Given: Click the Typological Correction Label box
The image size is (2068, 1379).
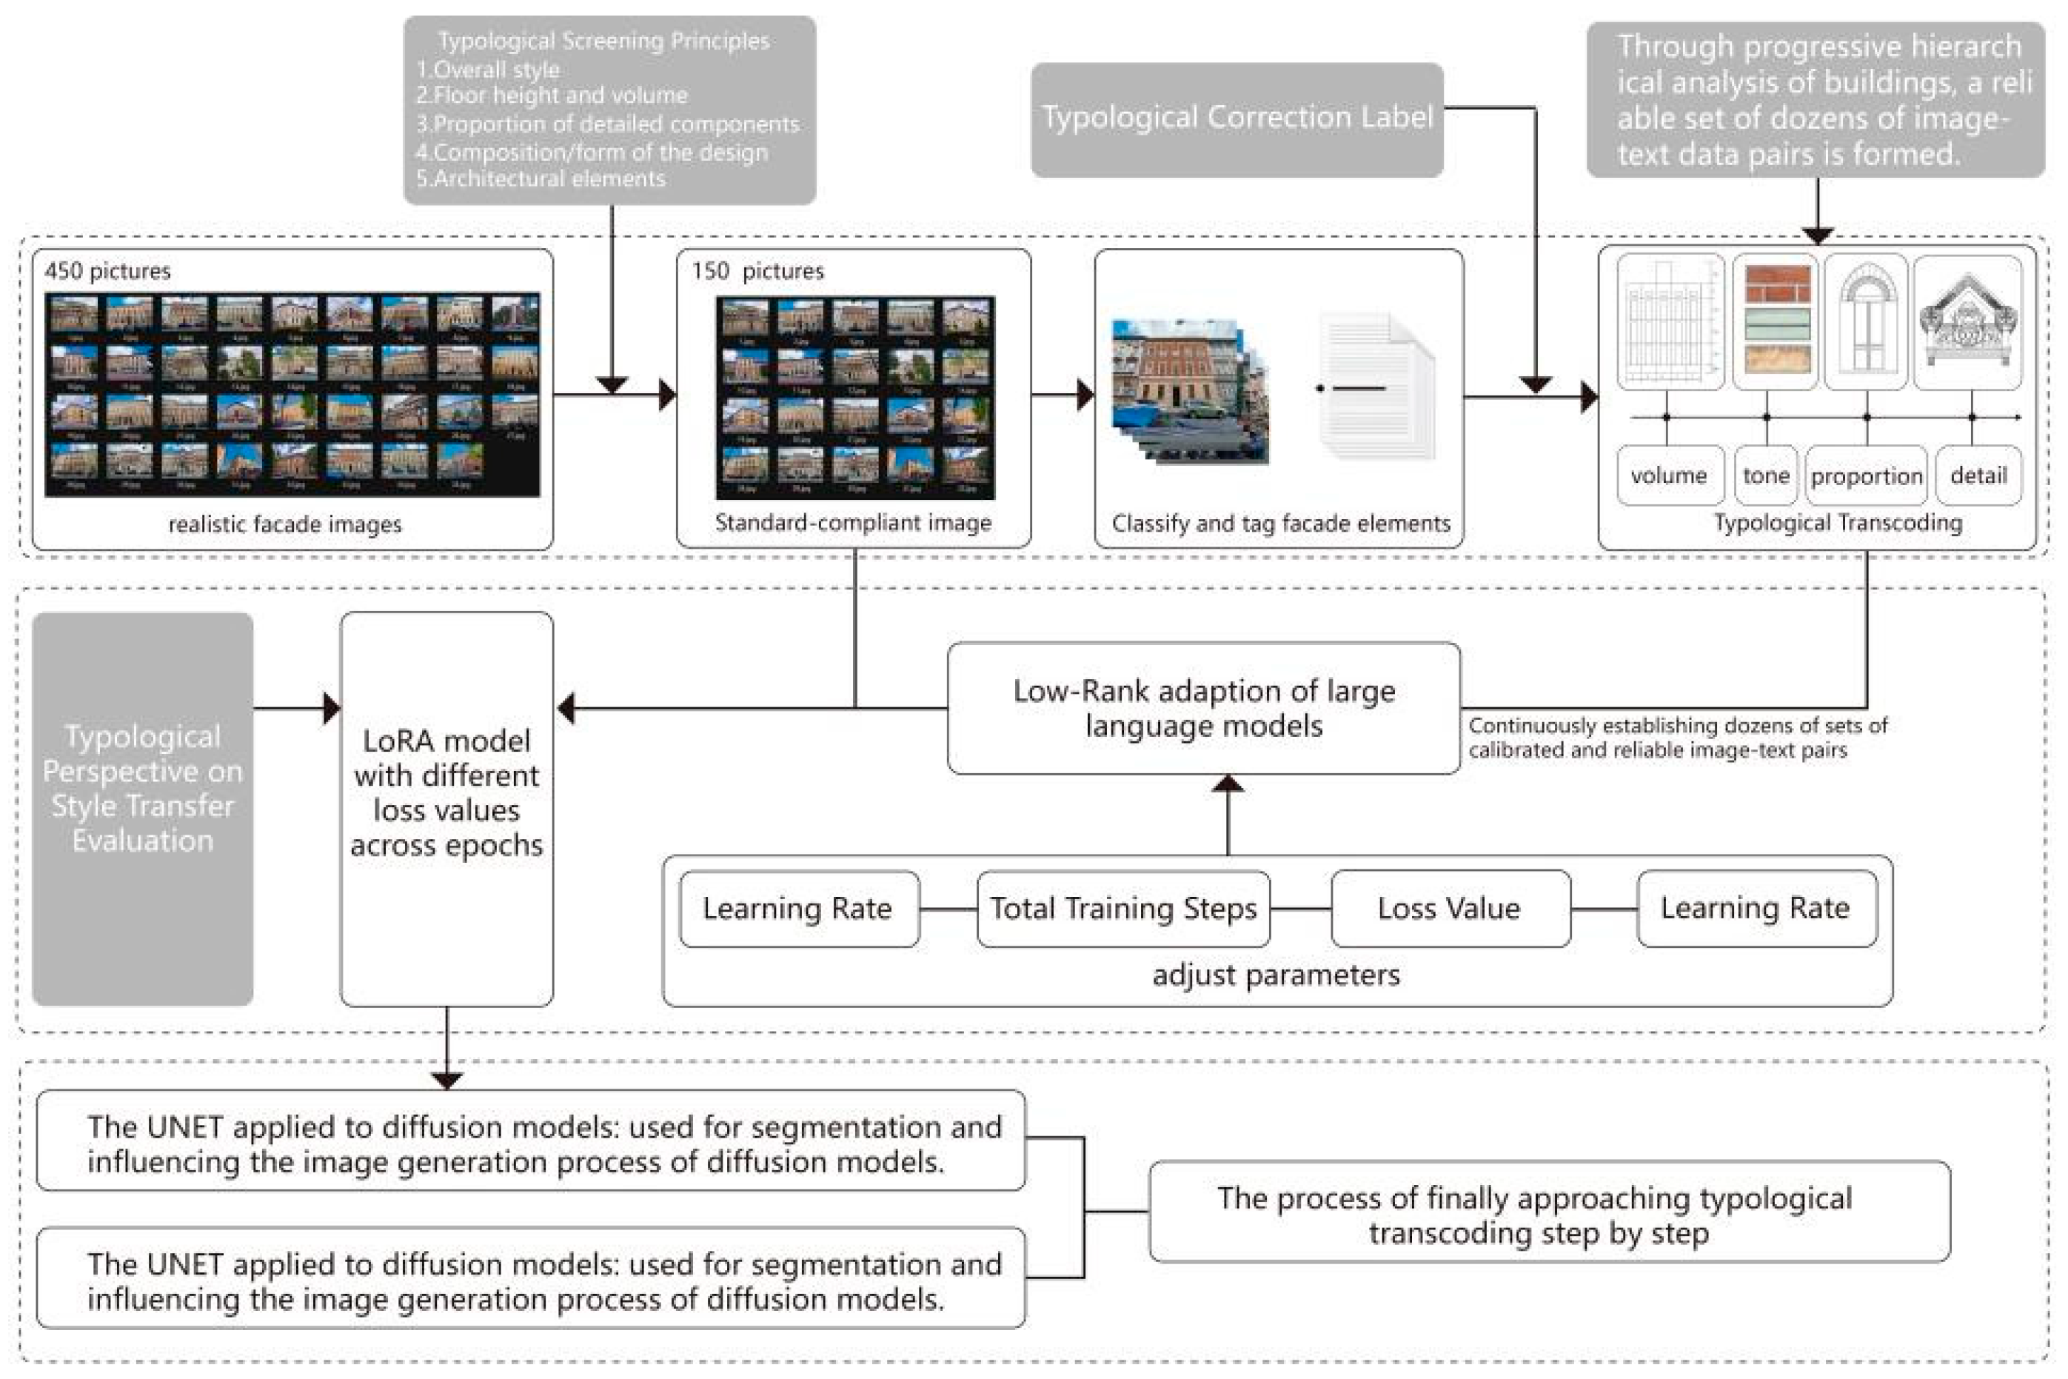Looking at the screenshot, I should pos(1237,118).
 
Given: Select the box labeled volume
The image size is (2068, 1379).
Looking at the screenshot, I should pos(1668,475).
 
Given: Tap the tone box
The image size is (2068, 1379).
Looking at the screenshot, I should pos(1765,475).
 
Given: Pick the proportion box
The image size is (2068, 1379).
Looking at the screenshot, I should pos(1866,475).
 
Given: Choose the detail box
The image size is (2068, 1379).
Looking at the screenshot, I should pos(1978,475).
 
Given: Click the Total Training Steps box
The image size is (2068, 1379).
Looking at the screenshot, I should pos(1122,909).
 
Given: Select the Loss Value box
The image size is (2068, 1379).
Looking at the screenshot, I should pos(1449,909).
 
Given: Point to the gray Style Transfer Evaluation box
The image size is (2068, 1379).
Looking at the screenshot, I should pos(142,808).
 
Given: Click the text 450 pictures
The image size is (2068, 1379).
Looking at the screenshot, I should pos(107,271).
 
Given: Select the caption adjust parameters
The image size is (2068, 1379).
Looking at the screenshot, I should pos(1276,975).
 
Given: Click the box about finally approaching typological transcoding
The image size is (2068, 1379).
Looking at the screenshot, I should pos(1548,1213).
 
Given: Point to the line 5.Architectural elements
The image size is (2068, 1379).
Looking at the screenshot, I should pos(541,178).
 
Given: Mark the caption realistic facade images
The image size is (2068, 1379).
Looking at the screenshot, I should pos(285,524).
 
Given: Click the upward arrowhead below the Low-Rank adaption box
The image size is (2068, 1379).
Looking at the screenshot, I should pos(1228,784).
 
